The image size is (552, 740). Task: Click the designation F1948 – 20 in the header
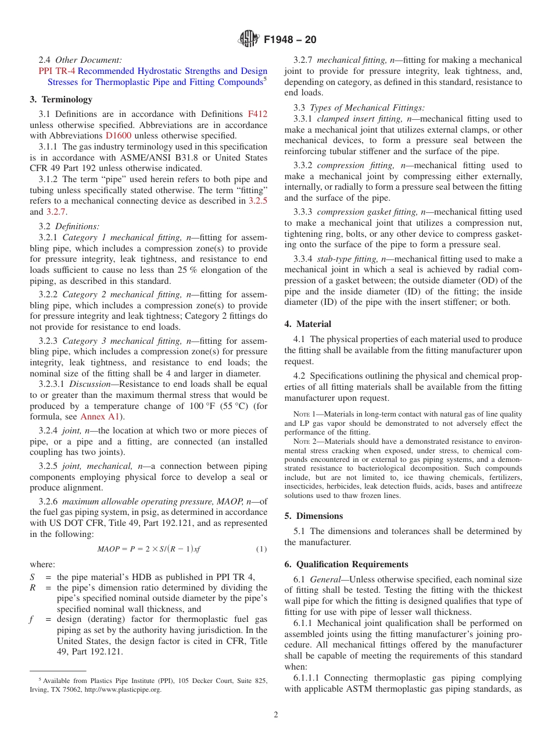point(290,40)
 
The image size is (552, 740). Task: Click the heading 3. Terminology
point(61,99)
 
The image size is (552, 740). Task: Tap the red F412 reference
point(257,114)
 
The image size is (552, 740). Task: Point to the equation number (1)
point(261,549)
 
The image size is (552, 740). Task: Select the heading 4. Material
point(308,324)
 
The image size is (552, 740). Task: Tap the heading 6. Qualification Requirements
point(346,564)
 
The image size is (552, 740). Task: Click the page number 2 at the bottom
point(276,715)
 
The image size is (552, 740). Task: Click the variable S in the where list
point(33,577)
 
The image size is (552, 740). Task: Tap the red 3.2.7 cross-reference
point(56,212)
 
